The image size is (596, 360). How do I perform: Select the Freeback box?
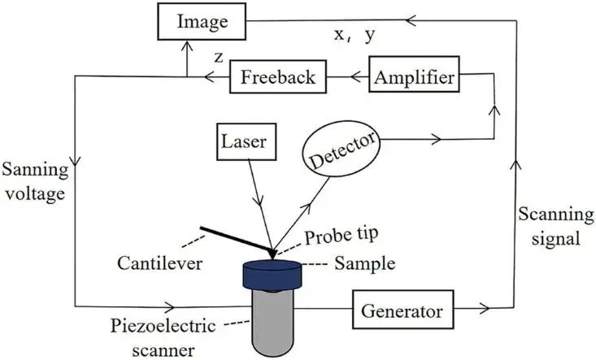[279, 78]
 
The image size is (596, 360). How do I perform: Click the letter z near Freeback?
[218, 58]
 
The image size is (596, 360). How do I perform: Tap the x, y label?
[355, 35]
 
